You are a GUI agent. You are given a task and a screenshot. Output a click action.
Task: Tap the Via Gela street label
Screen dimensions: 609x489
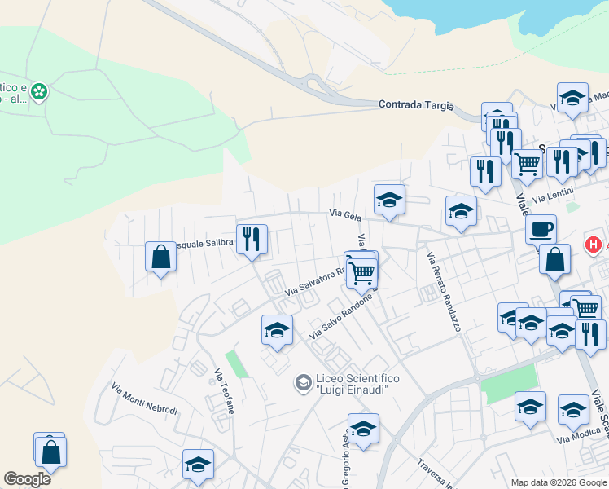tap(345, 214)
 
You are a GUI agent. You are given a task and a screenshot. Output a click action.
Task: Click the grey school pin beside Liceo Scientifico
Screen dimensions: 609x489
tap(304, 382)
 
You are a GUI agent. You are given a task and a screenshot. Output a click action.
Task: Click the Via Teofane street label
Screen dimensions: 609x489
tap(224, 391)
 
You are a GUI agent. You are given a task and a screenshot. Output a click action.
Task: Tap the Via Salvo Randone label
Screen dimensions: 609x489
tap(340, 317)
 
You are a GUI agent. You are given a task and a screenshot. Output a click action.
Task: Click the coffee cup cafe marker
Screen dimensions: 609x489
tap(540, 228)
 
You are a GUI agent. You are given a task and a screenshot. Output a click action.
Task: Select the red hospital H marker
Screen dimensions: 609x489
tap(594, 244)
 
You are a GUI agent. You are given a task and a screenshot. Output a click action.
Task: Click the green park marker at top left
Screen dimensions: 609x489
tap(38, 92)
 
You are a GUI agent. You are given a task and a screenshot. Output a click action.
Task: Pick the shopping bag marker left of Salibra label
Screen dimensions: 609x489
tap(160, 257)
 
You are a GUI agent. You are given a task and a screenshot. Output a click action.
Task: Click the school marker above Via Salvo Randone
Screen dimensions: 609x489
tap(277, 330)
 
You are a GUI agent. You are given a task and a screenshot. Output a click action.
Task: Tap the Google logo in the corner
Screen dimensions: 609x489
tap(27, 479)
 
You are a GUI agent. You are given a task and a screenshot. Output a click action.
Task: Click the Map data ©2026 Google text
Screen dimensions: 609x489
tap(558, 482)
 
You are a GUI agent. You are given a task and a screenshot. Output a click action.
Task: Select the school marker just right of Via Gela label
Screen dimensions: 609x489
tap(389, 199)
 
